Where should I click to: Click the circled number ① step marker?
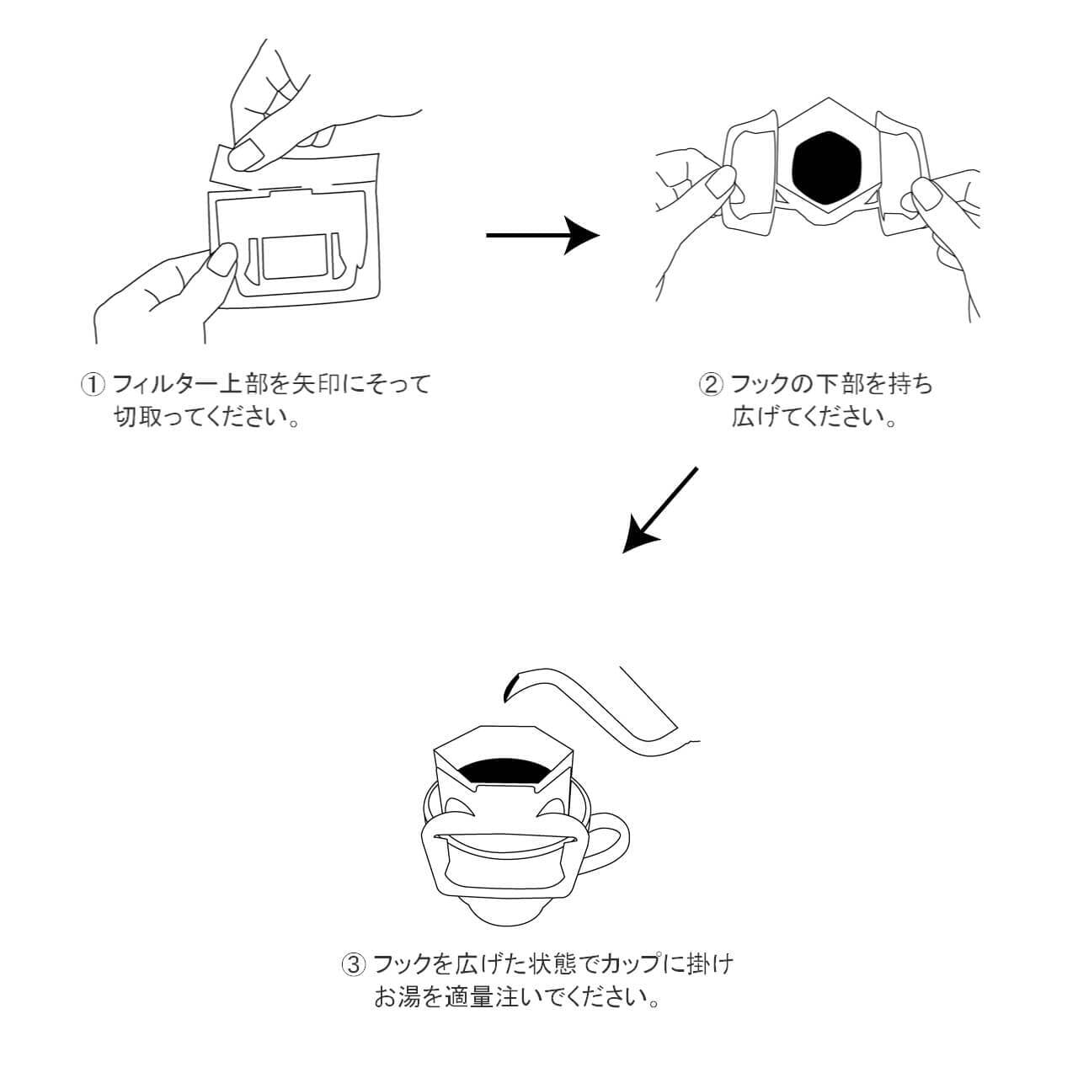point(92,386)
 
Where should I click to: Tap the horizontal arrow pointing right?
point(543,236)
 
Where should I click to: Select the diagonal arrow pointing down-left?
point(660,510)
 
